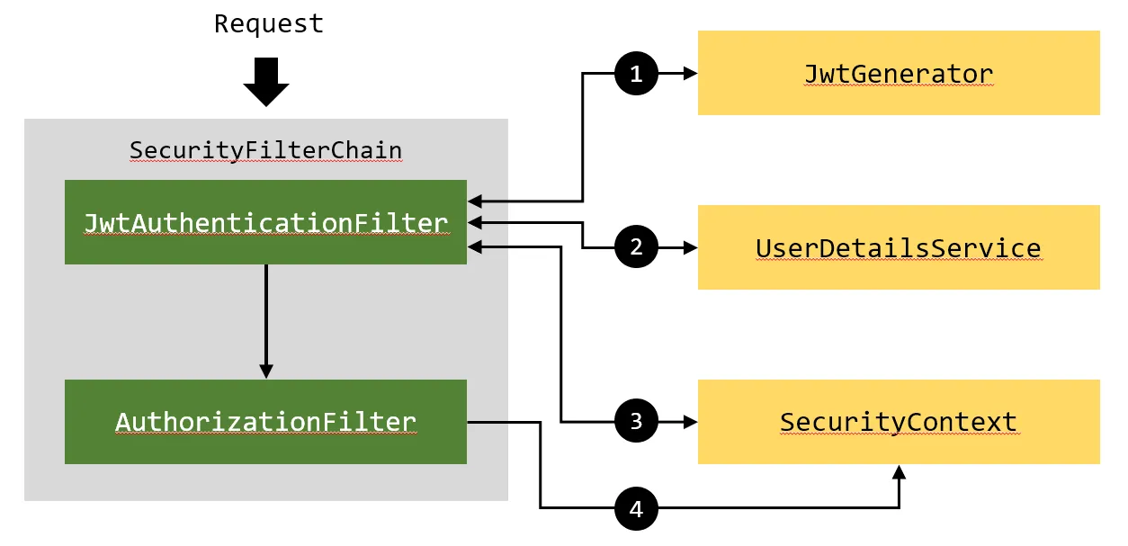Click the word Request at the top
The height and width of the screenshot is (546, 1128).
point(268,24)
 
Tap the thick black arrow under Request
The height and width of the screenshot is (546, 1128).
point(266,82)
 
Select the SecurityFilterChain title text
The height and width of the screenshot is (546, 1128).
point(266,150)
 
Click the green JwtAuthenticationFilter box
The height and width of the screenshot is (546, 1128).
point(266,222)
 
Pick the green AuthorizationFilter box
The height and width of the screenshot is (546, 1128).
point(266,422)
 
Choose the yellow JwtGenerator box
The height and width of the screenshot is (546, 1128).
point(899,73)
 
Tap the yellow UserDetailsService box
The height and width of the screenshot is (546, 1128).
point(899,247)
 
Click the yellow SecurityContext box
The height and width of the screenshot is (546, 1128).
point(899,422)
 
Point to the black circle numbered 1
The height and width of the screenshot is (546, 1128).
point(637,74)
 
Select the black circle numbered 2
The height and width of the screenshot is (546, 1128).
point(637,246)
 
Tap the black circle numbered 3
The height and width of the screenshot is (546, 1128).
point(637,421)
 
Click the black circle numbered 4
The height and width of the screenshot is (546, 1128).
point(637,509)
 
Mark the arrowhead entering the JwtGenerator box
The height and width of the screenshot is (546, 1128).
point(691,74)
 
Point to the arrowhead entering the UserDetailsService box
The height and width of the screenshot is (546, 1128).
point(691,247)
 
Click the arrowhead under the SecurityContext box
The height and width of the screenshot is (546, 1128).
point(899,472)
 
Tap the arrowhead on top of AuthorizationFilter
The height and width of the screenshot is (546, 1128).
point(266,371)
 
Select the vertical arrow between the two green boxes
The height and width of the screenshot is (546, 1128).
point(266,322)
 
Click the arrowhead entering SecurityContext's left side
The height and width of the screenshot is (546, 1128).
point(691,422)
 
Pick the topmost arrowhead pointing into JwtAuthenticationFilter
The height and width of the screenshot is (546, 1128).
point(475,201)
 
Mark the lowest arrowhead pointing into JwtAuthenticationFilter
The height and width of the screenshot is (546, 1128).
point(475,246)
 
